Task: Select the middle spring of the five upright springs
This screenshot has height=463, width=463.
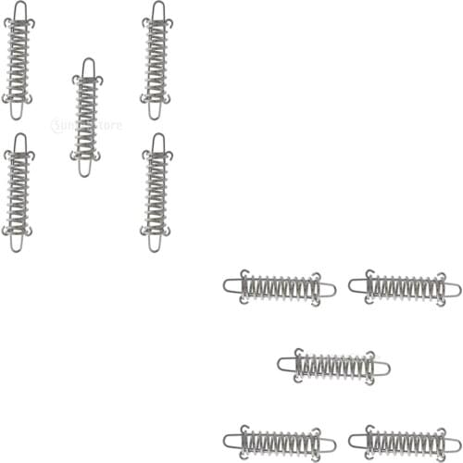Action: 87,118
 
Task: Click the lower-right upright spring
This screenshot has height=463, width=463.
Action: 156,192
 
